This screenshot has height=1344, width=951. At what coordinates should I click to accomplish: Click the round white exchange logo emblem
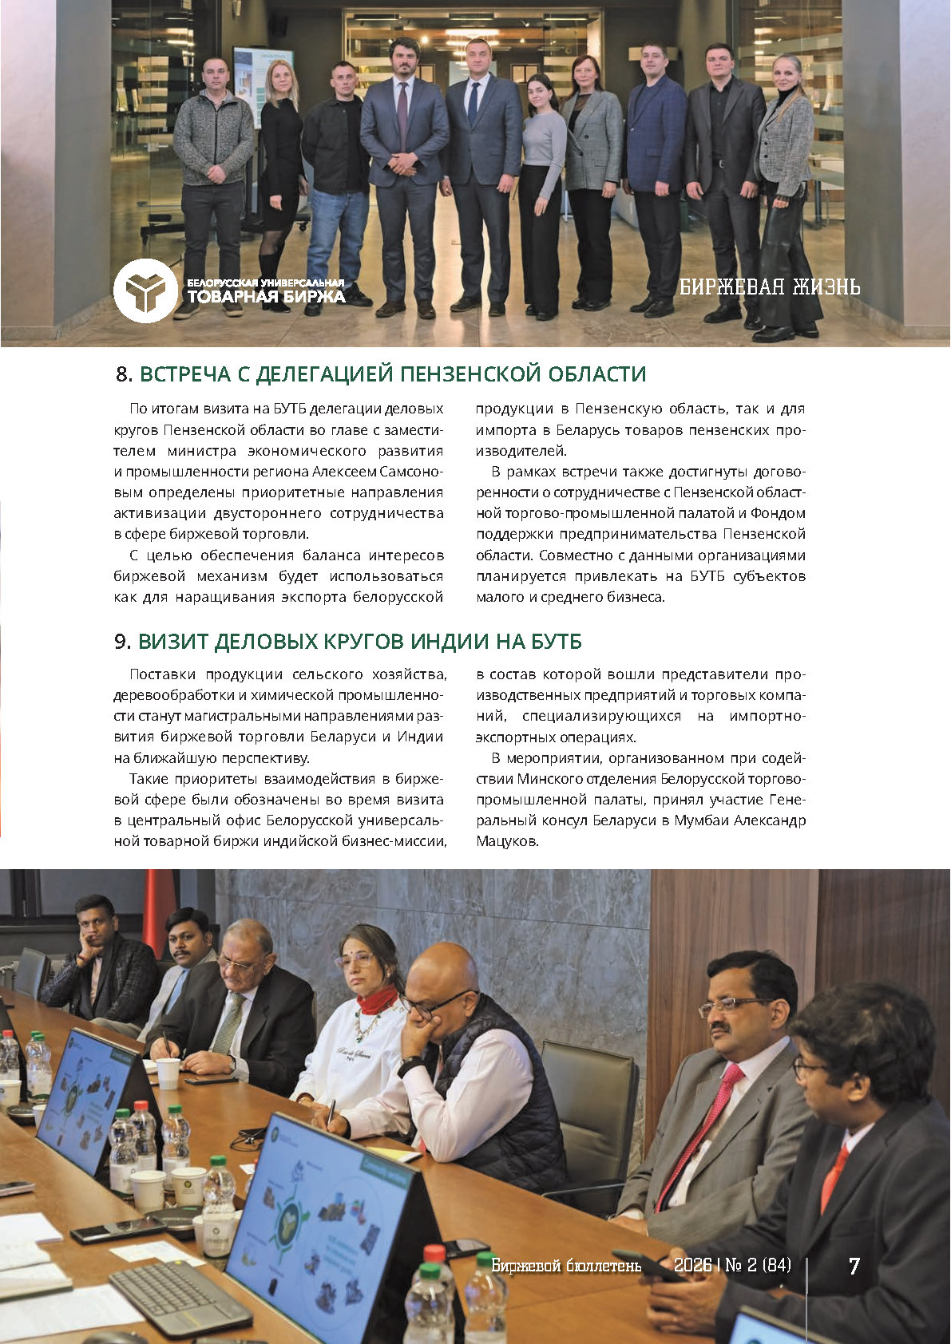[x=145, y=291]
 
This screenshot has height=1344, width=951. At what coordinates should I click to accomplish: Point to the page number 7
[x=854, y=1266]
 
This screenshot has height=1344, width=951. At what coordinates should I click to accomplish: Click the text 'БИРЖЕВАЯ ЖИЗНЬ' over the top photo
[x=769, y=287]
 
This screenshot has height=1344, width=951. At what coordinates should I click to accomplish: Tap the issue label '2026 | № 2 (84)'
[x=732, y=1265]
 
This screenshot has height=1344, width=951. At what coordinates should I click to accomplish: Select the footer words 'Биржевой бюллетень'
[x=566, y=1266]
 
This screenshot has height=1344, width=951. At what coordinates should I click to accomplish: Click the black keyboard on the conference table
[x=180, y=1297]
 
